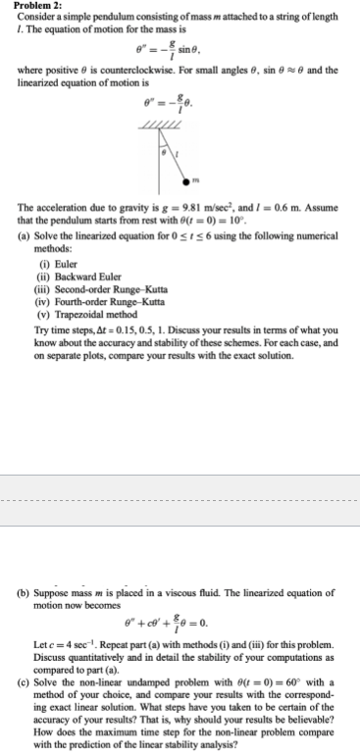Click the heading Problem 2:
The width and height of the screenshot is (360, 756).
pos(33,6)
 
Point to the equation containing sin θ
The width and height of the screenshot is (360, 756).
pos(180,49)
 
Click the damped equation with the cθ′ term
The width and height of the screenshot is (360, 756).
pos(180,623)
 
